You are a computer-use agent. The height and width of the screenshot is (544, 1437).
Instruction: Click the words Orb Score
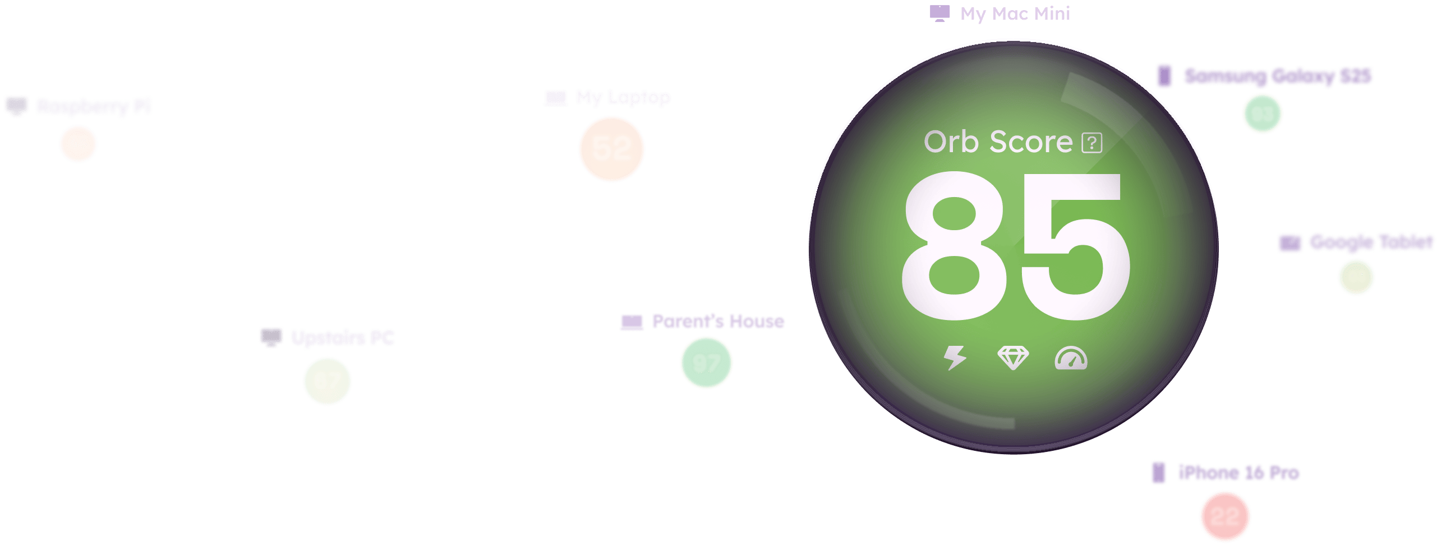pos(998,142)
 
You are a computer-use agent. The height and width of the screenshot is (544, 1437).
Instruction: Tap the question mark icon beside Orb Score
pos(1091,143)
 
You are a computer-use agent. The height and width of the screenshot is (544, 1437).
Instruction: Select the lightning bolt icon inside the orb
pos(955,358)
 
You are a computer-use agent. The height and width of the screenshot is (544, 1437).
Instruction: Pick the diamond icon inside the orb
pos(1013,358)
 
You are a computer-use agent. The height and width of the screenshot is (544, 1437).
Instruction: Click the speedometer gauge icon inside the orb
pos(1071,359)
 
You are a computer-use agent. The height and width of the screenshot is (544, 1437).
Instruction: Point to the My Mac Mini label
pos(1015,13)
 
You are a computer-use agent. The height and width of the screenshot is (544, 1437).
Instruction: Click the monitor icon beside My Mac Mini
pos(939,13)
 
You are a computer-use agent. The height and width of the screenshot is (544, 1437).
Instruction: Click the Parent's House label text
pos(718,322)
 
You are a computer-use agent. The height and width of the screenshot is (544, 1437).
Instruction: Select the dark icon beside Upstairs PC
pos(271,337)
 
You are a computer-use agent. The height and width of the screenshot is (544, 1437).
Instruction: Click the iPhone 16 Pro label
pos(1238,473)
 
